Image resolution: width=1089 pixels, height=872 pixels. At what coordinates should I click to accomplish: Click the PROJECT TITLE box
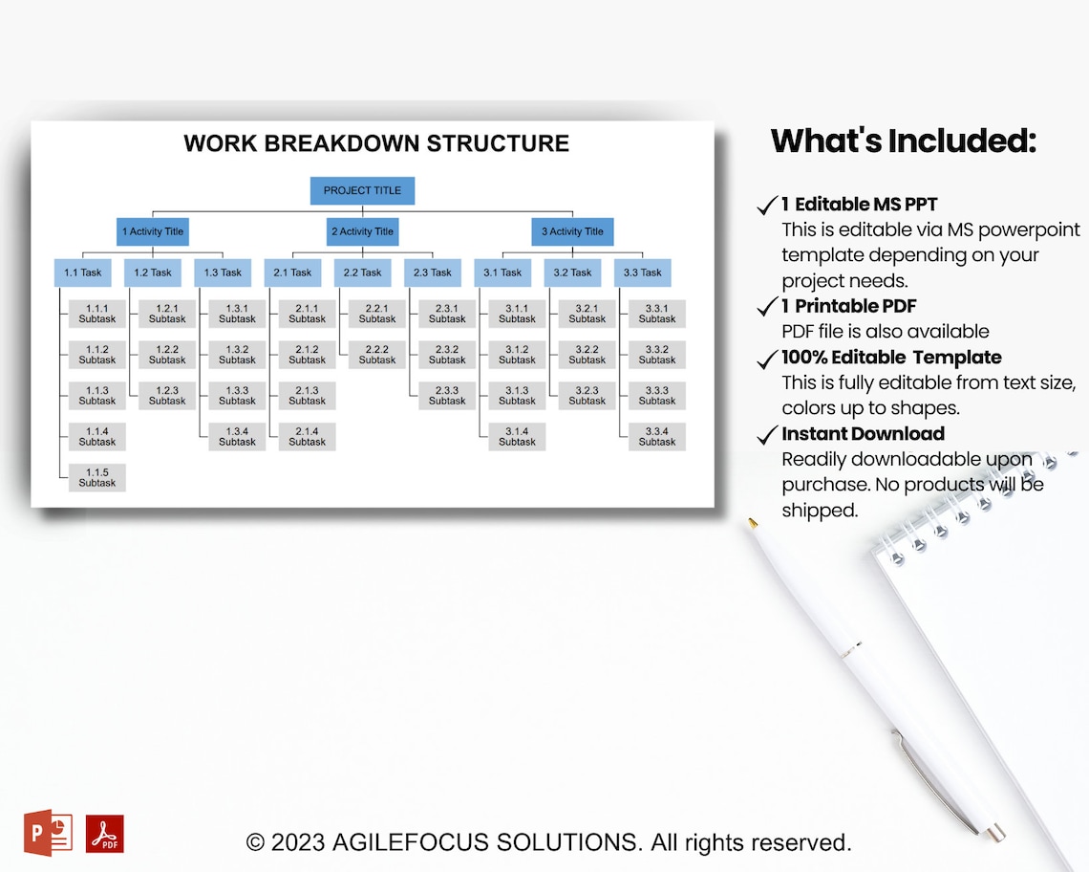pyautogui.click(x=362, y=190)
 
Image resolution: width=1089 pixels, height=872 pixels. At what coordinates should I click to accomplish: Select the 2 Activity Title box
pyautogui.click(x=362, y=231)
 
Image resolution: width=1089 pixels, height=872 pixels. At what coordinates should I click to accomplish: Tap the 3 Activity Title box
pyautogui.click(x=572, y=231)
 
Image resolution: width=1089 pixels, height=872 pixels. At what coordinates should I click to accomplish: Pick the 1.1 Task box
pyautogui.click(x=82, y=272)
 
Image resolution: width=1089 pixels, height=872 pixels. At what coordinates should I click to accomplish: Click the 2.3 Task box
pyautogui.click(x=432, y=272)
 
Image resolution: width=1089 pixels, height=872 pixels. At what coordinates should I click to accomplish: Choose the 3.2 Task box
pyautogui.click(x=572, y=272)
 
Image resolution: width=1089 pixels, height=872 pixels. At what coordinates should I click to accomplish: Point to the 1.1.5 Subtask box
pyautogui.click(x=96, y=477)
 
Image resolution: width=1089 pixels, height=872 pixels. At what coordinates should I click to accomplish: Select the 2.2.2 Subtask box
pyautogui.click(x=377, y=355)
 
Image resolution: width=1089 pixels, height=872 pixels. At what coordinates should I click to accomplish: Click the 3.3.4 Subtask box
pyautogui.click(x=657, y=436)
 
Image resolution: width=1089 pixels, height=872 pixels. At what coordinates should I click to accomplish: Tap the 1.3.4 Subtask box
pyautogui.click(x=237, y=436)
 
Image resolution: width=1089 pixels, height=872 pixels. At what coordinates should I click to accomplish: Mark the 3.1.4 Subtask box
pyautogui.click(x=517, y=436)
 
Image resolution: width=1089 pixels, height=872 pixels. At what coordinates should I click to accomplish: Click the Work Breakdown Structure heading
pyautogui.click(x=375, y=143)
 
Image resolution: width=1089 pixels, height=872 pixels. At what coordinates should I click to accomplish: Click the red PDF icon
pyautogui.click(x=105, y=834)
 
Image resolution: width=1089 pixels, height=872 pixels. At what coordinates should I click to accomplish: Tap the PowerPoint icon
pyautogui.click(x=48, y=833)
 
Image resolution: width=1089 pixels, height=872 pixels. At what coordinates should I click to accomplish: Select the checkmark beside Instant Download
pyautogui.click(x=766, y=436)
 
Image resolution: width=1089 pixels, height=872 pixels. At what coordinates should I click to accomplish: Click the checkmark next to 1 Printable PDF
pyautogui.click(x=766, y=307)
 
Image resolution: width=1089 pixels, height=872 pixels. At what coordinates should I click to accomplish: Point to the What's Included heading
pyautogui.click(x=903, y=141)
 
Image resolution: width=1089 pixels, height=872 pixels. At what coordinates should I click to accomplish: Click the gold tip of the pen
pyautogui.click(x=753, y=523)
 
